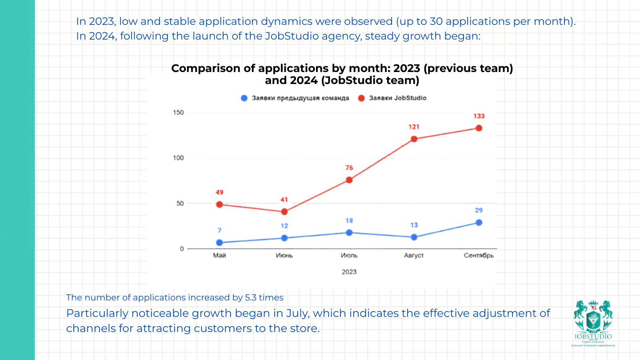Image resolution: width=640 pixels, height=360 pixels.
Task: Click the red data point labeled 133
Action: pyautogui.click(x=479, y=128)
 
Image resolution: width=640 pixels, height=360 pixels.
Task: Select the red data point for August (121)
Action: pyautogui.click(x=414, y=139)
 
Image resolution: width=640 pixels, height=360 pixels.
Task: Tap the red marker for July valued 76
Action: pyautogui.click(x=349, y=180)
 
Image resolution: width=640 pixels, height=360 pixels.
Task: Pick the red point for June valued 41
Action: pyautogui.click(x=284, y=212)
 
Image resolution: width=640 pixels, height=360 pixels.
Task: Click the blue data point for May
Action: pyautogui.click(x=219, y=243)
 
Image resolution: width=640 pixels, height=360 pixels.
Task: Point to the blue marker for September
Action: pyautogui.click(x=479, y=222)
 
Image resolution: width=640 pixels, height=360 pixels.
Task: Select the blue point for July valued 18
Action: pyautogui.click(x=349, y=232)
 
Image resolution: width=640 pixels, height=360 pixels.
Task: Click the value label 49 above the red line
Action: pyautogui.click(x=219, y=192)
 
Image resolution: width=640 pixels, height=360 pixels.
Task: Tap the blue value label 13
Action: pyautogui.click(x=414, y=225)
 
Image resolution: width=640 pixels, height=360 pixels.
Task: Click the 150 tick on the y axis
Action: pyautogui.click(x=178, y=112)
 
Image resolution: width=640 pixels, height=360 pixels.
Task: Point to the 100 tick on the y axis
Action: pyautogui.click(x=178, y=158)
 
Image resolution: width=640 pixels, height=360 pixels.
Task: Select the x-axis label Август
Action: pyautogui.click(x=414, y=256)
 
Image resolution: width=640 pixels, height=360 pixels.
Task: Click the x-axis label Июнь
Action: pyautogui.click(x=284, y=256)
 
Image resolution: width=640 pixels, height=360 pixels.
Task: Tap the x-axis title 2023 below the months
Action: pyautogui.click(x=349, y=272)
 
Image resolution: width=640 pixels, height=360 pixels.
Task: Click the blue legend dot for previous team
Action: pyautogui.click(x=244, y=98)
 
